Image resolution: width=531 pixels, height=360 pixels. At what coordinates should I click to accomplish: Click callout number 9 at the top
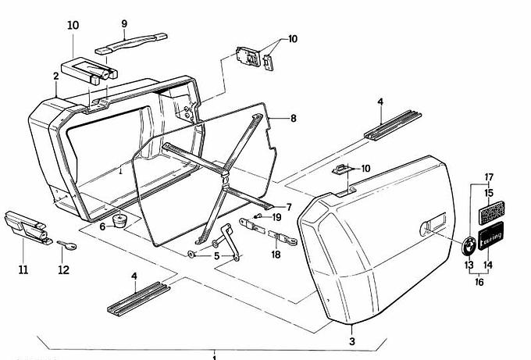pyautogui.click(x=123, y=24)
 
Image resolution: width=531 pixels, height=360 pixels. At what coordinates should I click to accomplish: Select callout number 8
pyautogui.click(x=293, y=119)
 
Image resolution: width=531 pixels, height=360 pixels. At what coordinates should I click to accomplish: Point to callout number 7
pyautogui.click(x=288, y=207)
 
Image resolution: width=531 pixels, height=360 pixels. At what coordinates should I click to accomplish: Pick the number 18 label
pyautogui.click(x=276, y=254)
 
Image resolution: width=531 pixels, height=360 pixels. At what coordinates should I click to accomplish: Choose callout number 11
pyautogui.click(x=23, y=270)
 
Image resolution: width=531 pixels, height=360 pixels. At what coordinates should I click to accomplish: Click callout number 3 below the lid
pyautogui.click(x=351, y=342)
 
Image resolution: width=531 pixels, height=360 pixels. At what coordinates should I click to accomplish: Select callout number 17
pyautogui.click(x=490, y=176)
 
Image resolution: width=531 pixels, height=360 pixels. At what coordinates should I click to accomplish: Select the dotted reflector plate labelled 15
pyautogui.click(x=489, y=210)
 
